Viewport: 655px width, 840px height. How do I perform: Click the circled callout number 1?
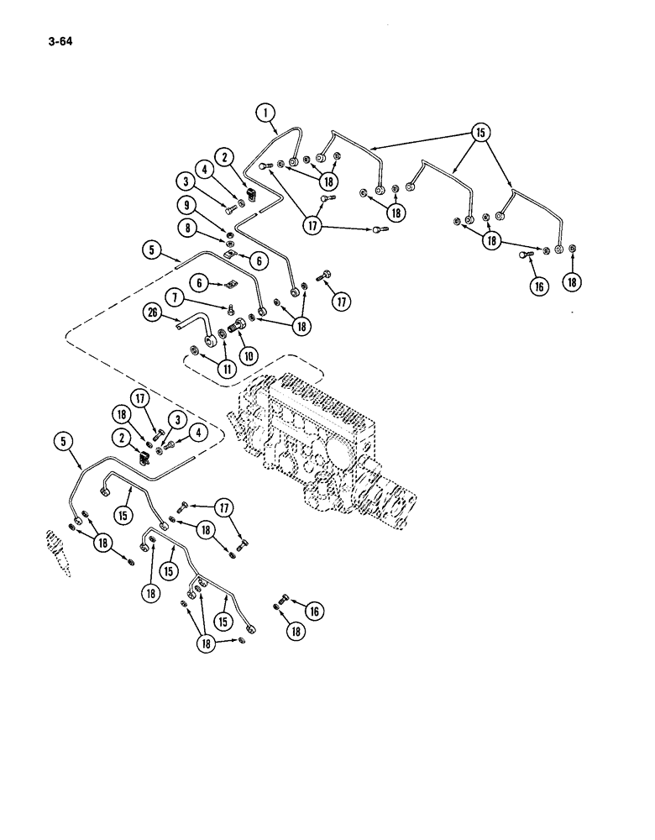pos(265,112)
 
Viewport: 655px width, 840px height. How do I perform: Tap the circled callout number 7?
pos(176,297)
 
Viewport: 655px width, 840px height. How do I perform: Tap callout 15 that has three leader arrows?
pos(479,132)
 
